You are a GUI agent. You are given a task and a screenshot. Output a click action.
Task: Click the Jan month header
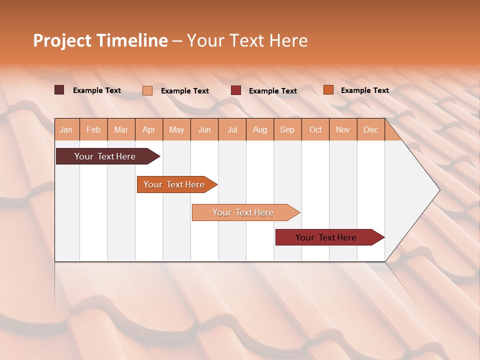coord(66,130)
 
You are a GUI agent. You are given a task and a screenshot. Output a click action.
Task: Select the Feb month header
coord(93,130)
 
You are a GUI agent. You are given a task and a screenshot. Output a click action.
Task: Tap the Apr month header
coord(148,130)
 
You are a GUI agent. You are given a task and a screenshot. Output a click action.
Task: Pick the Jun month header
coord(204,130)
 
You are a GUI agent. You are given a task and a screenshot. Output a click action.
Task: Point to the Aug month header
coord(259,130)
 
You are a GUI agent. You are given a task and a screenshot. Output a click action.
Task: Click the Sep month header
coord(287,130)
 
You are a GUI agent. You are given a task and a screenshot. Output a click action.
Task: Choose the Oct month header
coord(315,130)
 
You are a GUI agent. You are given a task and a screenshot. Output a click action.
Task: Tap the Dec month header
coord(370,130)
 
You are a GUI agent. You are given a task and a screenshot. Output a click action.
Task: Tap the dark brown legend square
coord(59,90)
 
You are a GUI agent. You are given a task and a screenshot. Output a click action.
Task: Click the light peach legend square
coord(147,90)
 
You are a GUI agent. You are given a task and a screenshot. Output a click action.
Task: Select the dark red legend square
coord(236,90)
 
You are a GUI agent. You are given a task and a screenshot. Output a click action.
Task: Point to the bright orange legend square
coord(328,90)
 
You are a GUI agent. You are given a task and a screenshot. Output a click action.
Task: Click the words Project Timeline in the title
coord(100,40)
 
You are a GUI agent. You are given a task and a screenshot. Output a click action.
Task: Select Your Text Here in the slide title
coord(247,40)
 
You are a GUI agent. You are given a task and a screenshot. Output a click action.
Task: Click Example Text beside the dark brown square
coord(97,90)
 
